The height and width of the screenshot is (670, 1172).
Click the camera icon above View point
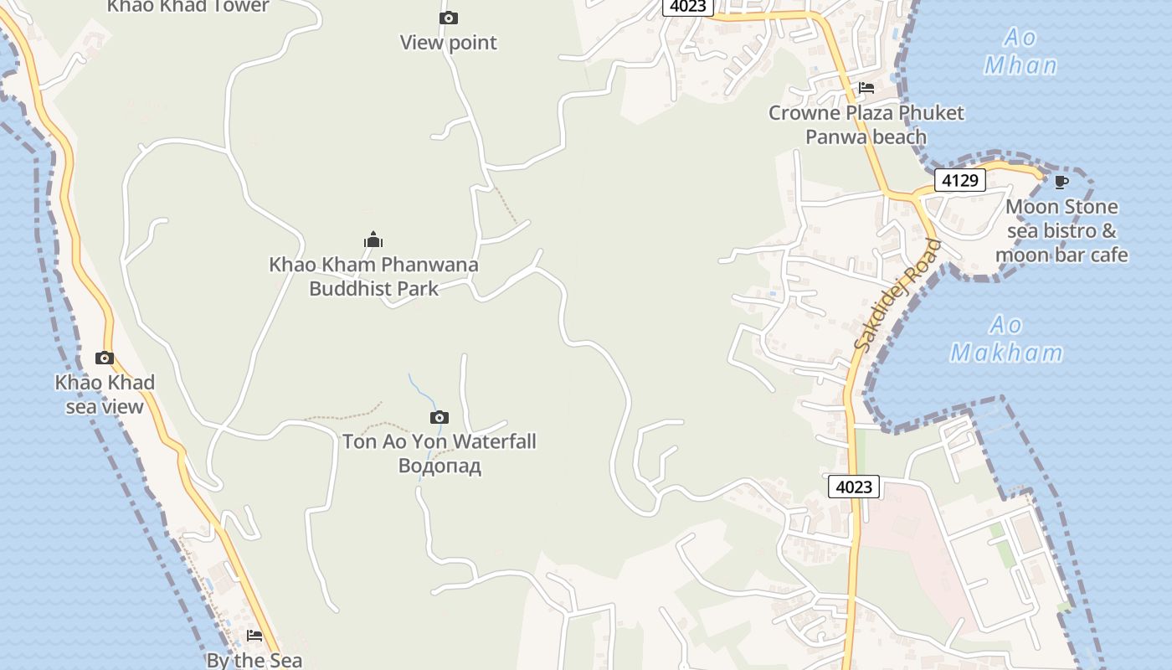pyautogui.click(x=449, y=18)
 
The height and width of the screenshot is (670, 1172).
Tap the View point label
pyautogui.click(x=449, y=43)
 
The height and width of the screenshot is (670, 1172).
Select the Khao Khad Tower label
pyautogui.click(x=188, y=7)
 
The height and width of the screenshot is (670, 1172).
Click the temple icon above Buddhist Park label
pyautogui.click(x=373, y=240)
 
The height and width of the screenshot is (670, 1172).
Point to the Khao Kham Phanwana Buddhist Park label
pyautogui.click(x=374, y=276)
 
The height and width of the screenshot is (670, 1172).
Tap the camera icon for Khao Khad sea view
pyautogui.click(x=105, y=358)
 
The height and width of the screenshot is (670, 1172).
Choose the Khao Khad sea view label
pyautogui.click(x=105, y=394)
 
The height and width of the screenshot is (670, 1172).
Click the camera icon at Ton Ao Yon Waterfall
pyautogui.click(x=439, y=417)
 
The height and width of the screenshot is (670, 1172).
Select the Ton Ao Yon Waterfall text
pyautogui.click(x=439, y=441)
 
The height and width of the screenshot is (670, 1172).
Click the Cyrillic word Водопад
pyautogui.click(x=439, y=466)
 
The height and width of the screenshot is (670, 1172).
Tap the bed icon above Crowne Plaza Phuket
pyautogui.click(x=866, y=88)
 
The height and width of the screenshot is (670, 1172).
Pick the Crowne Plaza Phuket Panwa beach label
pyautogui.click(x=866, y=125)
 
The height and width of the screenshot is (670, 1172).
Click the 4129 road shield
pyautogui.click(x=959, y=180)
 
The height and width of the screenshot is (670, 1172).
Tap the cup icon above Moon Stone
pyautogui.click(x=1061, y=182)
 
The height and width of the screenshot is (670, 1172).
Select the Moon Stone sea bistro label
pyautogui.click(x=1061, y=230)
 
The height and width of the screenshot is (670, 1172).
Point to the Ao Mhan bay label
pyautogui.click(x=1020, y=51)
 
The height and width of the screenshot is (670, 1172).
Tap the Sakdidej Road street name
pyautogui.click(x=898, y=296)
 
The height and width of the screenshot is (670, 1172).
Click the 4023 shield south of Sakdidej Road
pyautogui.click(x=854, y=487)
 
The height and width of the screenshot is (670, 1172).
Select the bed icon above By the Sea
pyautogui.click(x=254, y=636)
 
